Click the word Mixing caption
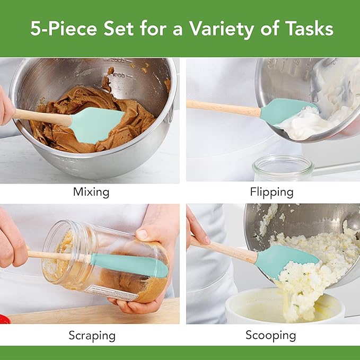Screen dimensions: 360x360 (x=91, y=192)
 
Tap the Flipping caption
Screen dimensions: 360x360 (x=272, y=192)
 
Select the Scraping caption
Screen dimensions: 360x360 (x=92, y=335)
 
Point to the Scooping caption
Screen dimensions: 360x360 (x=270, y=335)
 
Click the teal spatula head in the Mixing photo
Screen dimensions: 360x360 (x=95, y=125)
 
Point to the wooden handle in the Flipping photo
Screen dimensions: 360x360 (x=223, y=106)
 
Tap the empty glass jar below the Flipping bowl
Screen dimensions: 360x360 (x=283, y=169)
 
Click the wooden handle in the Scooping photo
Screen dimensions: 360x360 (x=225, y=249)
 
